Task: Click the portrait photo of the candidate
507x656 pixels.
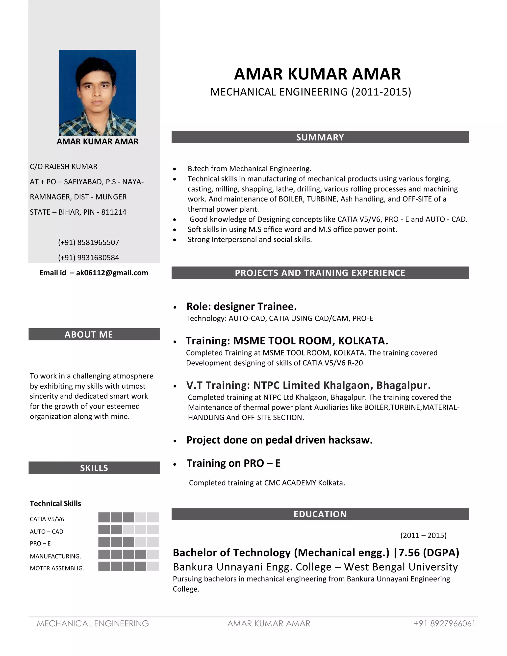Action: (98, 93)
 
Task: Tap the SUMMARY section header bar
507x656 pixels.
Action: (320, 137)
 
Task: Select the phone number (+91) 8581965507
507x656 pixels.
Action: (89, 242)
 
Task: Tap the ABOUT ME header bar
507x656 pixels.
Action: (94, 334)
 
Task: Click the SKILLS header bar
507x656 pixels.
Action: (94, 468)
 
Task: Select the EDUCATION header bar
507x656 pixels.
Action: (320, 514)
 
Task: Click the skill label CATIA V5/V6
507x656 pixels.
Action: (47, 519)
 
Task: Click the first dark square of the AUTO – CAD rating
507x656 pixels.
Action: (104, 530)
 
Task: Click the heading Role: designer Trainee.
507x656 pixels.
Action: (241, 306)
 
